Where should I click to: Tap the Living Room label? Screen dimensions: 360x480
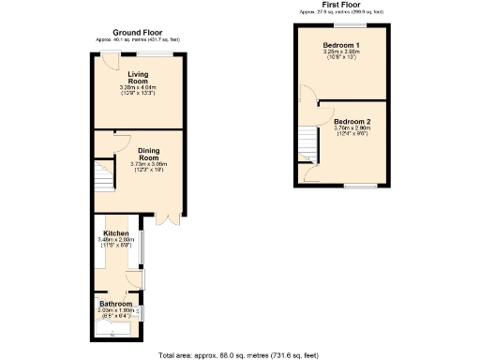pos(139,77)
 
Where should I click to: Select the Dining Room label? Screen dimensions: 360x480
pos(147,154)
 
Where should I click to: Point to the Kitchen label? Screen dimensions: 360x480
pos(116,232)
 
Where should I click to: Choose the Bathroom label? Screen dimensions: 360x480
pos(116,304)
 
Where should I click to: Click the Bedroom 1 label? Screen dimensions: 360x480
pos(341,45)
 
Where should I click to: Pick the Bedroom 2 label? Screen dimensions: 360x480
pos(352,122)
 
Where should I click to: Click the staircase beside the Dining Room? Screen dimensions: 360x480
pos(102,176)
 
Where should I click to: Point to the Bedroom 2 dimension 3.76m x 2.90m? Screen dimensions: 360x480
pos(352,131)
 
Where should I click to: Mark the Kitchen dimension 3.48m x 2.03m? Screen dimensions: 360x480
pos(116,242)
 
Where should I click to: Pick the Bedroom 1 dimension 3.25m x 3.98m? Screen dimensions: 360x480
pos(341,54)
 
